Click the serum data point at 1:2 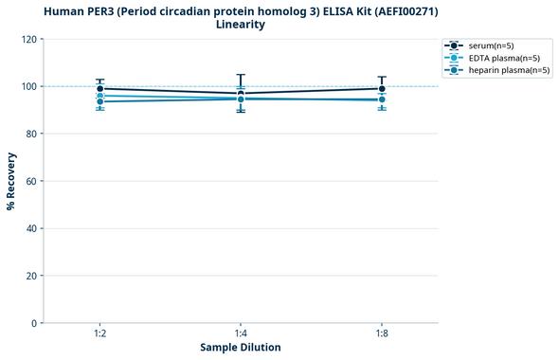[99, 88]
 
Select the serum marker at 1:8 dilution [382, 88]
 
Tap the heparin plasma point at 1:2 [99, 101]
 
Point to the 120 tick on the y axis [28, 39]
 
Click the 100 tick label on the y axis [28, 86]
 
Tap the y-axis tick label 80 [31, 134]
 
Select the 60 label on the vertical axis [31, 181]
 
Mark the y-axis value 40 [31, 228]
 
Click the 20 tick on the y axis [31, 276]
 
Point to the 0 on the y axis [34, 323]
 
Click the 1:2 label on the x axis [99, 334]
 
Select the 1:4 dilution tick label [241, 334]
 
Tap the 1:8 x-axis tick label [382, 334]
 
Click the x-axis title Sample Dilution [241, 348]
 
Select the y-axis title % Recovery [11, 181]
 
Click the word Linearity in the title [241, 25]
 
